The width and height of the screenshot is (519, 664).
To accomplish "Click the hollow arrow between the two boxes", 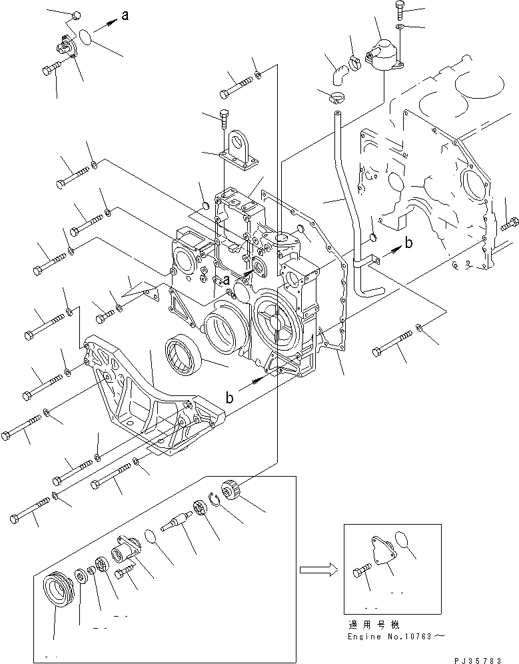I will click(316, 570).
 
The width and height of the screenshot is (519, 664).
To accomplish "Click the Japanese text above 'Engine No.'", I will click(373, 625).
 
